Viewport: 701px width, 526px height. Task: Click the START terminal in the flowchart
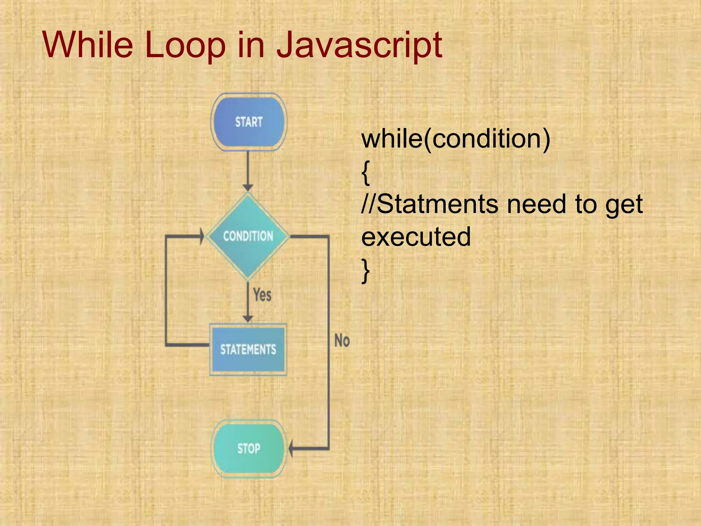249,122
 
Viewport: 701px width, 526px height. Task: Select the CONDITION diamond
248,236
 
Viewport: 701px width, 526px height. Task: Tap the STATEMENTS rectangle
248,349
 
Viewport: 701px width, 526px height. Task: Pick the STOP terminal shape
249,448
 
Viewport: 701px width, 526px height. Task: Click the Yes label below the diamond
262,295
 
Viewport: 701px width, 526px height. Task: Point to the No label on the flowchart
342,341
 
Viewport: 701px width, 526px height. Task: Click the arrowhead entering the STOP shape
291,448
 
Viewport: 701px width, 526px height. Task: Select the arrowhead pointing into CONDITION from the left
202,236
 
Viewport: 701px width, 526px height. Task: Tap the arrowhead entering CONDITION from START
248,188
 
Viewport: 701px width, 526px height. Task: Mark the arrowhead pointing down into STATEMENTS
248,319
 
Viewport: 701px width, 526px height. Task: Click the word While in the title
88,45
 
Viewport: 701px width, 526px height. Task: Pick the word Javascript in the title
359,45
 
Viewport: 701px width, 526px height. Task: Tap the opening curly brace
366,172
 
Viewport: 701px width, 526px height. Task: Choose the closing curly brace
366,271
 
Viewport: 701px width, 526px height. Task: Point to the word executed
416,237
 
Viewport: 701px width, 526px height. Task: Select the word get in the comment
624,205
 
